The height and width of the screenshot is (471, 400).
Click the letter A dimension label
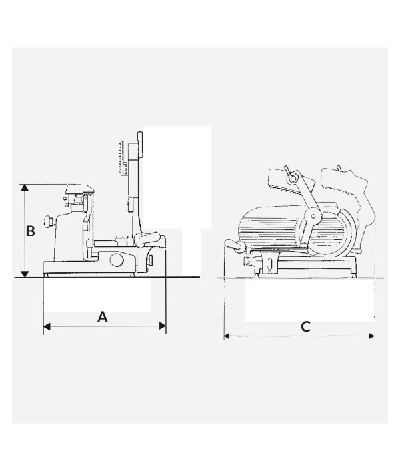(x=103, y=317)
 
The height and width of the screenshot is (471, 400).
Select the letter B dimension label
(x=31, y=231)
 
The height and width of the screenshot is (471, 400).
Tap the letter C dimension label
(x=305, y=327)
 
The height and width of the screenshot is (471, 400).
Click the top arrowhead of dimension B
(x=25, y=188)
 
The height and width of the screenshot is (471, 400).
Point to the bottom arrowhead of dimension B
(x=25, y=274)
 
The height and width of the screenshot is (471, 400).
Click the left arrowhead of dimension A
(x=47, y=326)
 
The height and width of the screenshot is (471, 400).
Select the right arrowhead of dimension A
(x=162, y=326)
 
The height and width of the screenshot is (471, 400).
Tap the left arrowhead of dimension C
(x=227, y=336)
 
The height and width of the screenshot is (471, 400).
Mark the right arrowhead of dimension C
(x=371, y=336)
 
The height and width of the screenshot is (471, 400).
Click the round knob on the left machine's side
(x=49, y=221)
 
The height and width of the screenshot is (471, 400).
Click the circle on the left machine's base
(x=117, y=260)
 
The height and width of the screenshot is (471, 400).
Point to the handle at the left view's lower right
(x=147, y=238)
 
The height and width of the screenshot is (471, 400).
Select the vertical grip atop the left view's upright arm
(x=140, y=144)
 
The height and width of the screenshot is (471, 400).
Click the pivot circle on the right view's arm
(x=312, y=216)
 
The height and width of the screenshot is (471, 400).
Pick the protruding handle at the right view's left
(x=235, y=244)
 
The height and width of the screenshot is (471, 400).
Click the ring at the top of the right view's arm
(x=293, y=179)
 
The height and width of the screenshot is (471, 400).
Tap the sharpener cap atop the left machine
(x=80, y=189)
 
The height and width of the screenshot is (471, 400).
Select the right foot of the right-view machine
(x=354, y=274)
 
